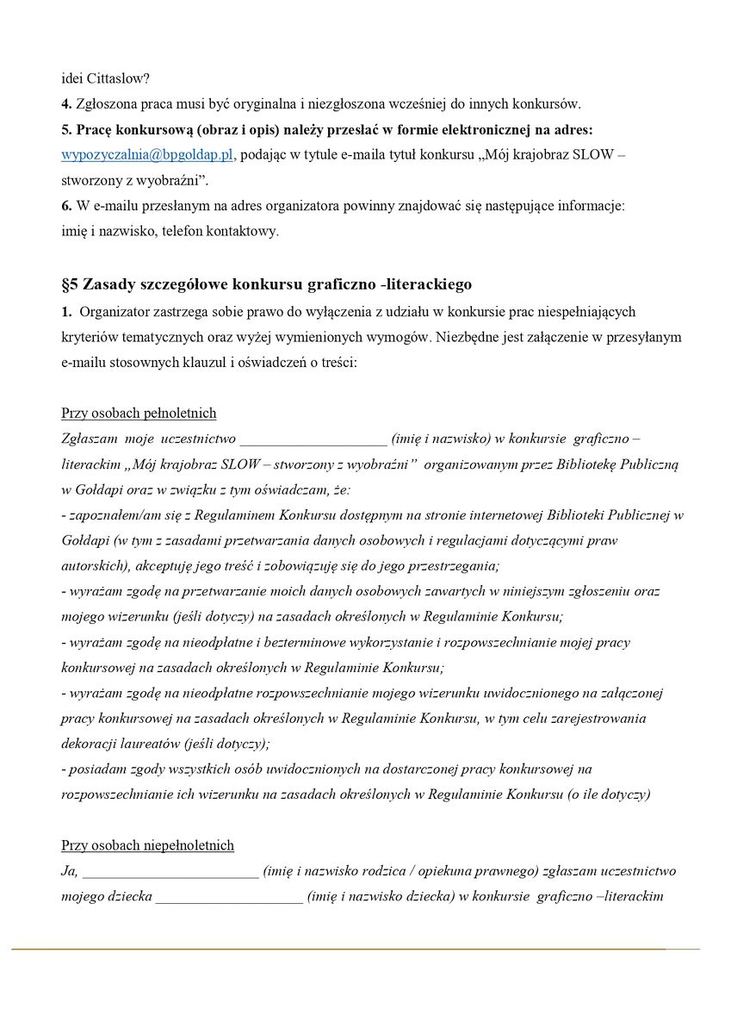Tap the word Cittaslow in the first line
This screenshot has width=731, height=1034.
pos(119,78)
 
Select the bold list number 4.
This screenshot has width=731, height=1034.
pos(65,104)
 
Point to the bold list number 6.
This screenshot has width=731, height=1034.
pos(65,207)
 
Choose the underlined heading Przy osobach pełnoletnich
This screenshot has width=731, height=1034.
pos(139,413)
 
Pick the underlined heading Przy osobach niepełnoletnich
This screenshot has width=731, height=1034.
pos(147,845)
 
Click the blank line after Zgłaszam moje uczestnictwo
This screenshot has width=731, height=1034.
pos(313,439)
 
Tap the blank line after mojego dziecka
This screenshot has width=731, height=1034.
pos(229,897)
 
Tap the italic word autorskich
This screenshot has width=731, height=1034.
pos(92,566)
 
